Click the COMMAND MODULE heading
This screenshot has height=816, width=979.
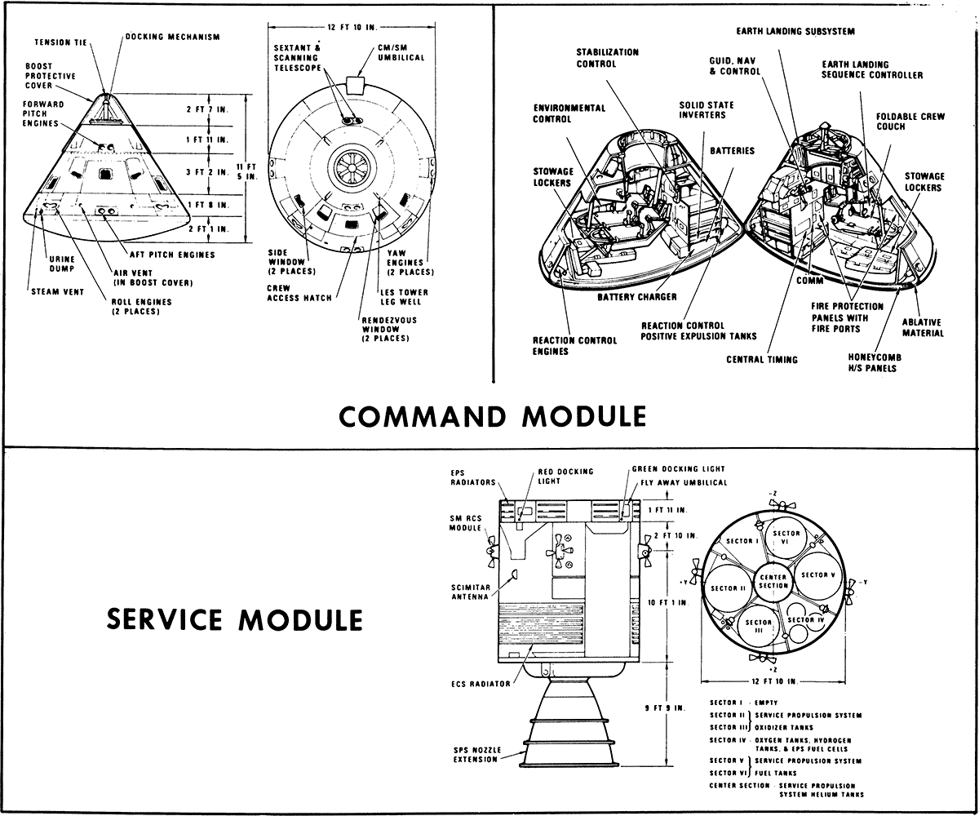[492, 416]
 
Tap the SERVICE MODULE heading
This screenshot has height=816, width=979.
[235, 619]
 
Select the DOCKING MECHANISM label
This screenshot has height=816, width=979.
[172, 37]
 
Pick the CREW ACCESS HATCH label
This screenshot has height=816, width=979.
[299, 293]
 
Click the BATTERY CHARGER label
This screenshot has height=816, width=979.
[637, 296]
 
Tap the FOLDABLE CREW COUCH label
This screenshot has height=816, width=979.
[910, 121]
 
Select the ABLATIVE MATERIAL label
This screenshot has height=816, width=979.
[923, 327]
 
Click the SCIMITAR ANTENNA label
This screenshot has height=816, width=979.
[468, 591]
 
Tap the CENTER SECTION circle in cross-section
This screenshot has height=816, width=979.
[773, 581]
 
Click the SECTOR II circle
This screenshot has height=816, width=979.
[729, 588]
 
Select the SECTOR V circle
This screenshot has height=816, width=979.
[818, 574]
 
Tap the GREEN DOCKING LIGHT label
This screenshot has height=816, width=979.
[678, 469]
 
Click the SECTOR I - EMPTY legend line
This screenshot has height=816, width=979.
[743, 703]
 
